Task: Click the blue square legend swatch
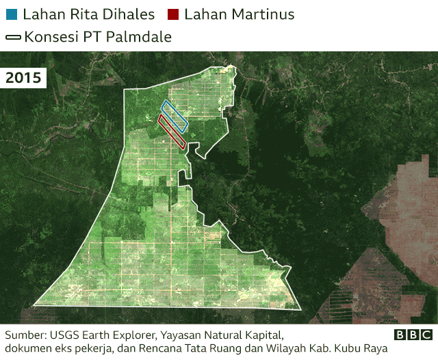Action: coord(11,14)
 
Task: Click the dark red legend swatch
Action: coord(172,14)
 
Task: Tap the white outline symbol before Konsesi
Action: coord(13,37)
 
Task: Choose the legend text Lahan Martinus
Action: coord(240,14)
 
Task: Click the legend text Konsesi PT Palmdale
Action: coord(97,37)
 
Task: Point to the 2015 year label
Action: coord(23,77)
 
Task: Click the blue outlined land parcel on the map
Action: coord(175,116)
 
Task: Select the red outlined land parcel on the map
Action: coord(172,131)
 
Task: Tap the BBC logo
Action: coord(413,335)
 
